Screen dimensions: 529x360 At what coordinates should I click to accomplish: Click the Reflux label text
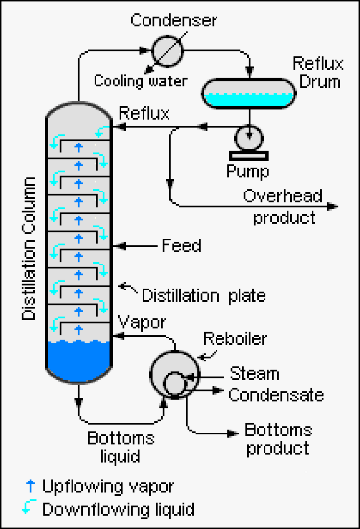click(144, 113)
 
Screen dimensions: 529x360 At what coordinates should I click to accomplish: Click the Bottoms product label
click(278, 439)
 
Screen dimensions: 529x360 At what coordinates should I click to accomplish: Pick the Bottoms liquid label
click(120, 447)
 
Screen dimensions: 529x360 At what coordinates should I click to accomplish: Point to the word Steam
click(254, 374)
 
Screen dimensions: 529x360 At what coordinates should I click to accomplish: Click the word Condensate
click(276, 395)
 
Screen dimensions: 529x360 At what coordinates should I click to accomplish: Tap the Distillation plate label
click(203, 295)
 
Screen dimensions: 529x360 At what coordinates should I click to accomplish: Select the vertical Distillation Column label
click(30, 248)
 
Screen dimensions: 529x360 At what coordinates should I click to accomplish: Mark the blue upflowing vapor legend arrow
click(31, 486)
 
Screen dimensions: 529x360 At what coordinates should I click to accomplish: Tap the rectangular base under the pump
click(249, 155)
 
